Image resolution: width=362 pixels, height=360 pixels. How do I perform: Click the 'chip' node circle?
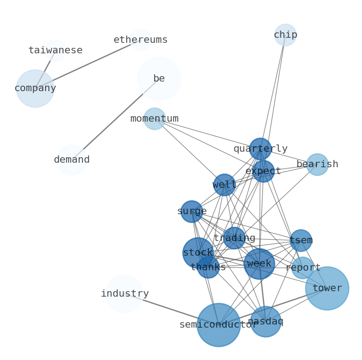[x=285, y=35]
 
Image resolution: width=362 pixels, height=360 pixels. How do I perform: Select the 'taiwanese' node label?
[x=56, y=51]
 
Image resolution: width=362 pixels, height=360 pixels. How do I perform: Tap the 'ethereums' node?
[x=141, y=40]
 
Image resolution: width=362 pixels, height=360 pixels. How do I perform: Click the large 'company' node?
[x=35, y=88]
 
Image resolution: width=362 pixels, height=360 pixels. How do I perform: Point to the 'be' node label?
[x=159, y=78]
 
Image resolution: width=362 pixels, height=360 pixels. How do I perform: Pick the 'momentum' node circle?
[x=155, y=119]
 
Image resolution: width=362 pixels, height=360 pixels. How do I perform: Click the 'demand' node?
[x=72, y=160]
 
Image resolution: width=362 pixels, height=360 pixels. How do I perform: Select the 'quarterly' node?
[x=260, y=149]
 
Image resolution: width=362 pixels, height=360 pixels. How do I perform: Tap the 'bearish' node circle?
[x=317, y=165]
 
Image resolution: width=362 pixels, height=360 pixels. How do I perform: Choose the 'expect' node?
[x=263, y=171]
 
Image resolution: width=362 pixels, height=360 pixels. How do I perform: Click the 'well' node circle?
[x=224, y=185]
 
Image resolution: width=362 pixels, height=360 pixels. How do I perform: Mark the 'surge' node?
[x=192, y=211]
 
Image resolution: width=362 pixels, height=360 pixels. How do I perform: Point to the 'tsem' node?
[x=301, y=241]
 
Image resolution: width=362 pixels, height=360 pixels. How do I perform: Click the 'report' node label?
[x=303, y=268]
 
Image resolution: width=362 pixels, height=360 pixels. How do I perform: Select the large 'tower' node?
[x=327, y=288]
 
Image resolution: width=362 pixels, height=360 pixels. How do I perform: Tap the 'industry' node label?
[x=124, y=294]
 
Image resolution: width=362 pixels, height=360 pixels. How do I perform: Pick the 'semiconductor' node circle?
[x=219, y=325]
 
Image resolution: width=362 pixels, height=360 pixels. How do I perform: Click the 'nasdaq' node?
[x=266, y=322]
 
